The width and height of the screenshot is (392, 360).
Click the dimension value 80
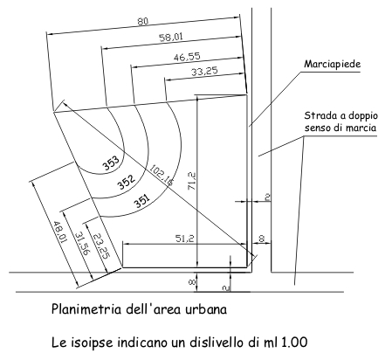tap(142, 21)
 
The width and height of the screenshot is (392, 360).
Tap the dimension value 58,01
tap(171, 37)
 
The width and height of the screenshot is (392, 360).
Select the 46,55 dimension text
tap(187, 57)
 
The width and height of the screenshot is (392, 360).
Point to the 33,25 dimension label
tap(204, 71)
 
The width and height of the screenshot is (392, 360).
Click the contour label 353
tap(112, 163)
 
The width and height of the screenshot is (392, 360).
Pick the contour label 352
tap(127, 182)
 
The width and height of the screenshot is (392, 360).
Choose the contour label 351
tap(142, 201)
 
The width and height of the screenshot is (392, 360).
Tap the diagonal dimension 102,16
tap(162, 175)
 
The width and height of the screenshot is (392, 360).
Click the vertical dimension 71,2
tap(192, 182)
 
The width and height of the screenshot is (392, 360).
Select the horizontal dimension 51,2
tap(184, 239)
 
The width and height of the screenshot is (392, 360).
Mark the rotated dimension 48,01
tap(59, 232)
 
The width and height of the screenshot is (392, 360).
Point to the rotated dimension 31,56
tap(81, 243)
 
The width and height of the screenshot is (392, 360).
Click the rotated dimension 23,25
tap(102, 246)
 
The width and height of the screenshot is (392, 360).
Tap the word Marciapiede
tap(332, 64)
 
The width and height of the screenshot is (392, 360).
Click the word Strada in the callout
tap(317, 115)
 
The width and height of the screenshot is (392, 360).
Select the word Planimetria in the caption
tap(86, 308)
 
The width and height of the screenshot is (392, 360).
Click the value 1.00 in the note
tap(294, 342)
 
